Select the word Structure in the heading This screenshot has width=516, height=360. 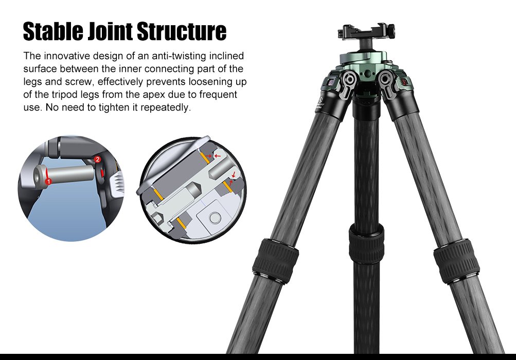point(182,31)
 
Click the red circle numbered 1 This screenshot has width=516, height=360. point(48,181)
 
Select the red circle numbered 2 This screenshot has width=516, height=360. point(98,160)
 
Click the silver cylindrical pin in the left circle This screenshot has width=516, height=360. point(67,172)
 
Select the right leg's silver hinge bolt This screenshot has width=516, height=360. point(386,79)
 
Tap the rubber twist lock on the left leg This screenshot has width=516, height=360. point(275,260)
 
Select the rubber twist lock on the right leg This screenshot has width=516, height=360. point(456,262)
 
